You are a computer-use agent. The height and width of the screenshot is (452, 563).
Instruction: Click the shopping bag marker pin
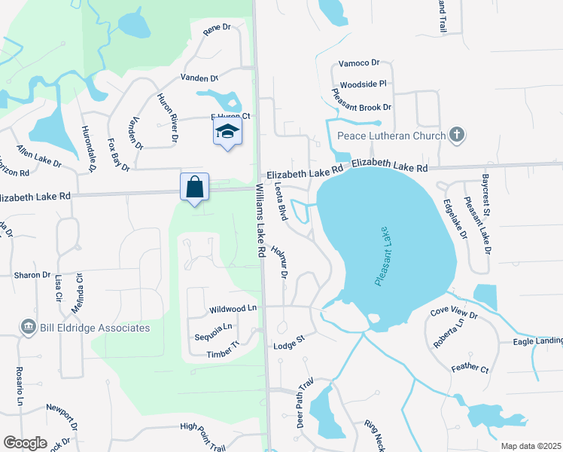[195, 187]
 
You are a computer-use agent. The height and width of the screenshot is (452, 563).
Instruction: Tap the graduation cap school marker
[227, 133]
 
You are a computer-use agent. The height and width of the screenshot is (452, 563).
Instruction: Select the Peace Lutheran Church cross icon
[455, 136]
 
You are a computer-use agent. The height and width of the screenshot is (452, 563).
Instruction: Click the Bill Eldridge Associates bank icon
[29, 327]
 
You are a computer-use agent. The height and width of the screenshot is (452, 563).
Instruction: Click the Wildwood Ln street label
[233, 309]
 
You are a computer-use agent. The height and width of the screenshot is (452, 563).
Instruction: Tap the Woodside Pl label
[363, 84]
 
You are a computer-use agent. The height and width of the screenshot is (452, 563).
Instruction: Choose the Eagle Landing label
[537, 341]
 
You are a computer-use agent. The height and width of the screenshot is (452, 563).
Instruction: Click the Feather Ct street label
[470, 370]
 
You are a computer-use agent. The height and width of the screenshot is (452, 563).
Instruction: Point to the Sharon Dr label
[32, 275]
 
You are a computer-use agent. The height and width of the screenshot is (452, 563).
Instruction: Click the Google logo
[25, 443]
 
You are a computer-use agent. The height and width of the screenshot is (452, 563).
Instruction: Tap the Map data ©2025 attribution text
[531, 446]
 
